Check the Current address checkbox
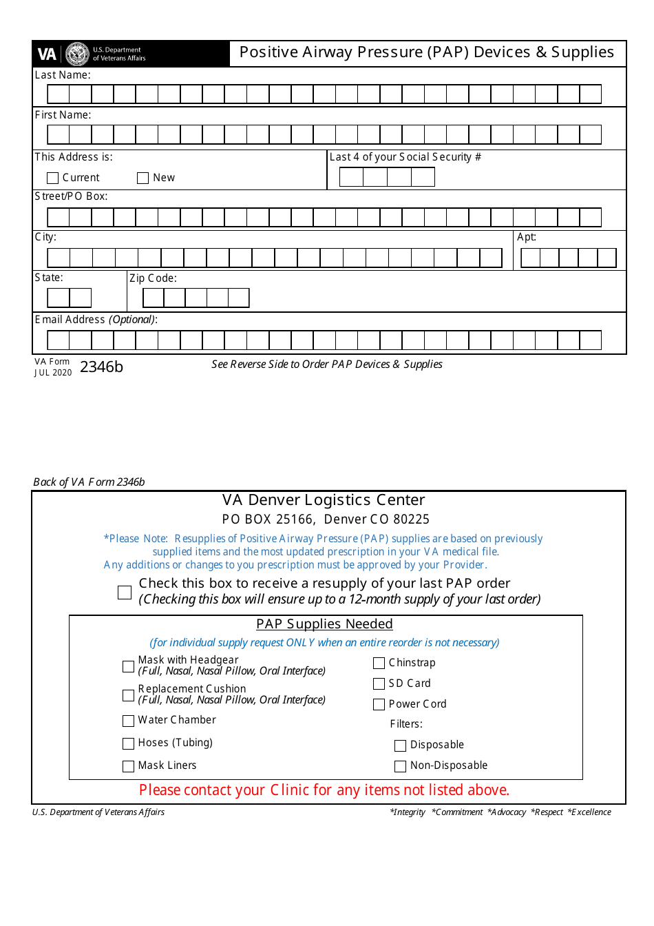pyautogui.click(x=52, y=178)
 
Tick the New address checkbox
pyautogui.click(x=143, y=178)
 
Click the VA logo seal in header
pyautogui.click(x=77, y=54)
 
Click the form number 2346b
pyautogui.click(x=101, y=367)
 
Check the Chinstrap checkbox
pyautogui.click(x=379, y=663)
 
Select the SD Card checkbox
pyautogui.click(x=379, y=683)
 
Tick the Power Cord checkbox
pyautogui.click(x=379, y=704)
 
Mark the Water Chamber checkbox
pyautogui.click(x=128, y=721)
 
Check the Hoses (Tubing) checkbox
pyautogui.click(x=128, y=743)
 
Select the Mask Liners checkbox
pyautogui.click(x=128, y=766)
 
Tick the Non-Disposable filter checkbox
pyautogui.click(x=400, y=766)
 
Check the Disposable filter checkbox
pyautogui.click(x=400, y=745)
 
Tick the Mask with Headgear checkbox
pyautogui.click(x=128, y=666)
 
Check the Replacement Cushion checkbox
pyautogui.click(x=128, y=695)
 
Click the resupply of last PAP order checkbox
pyautogui.click(x=125, y=593)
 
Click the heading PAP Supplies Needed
pyautogui.click(x=324, y=624)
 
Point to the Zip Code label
pyautogui.click(x=153, y=278)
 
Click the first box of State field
pyautogui.click(x=59, y=298)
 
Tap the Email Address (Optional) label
pyautogui.click(x=96, y=320)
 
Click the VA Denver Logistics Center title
pyautogui.click(x=324, y=500)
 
